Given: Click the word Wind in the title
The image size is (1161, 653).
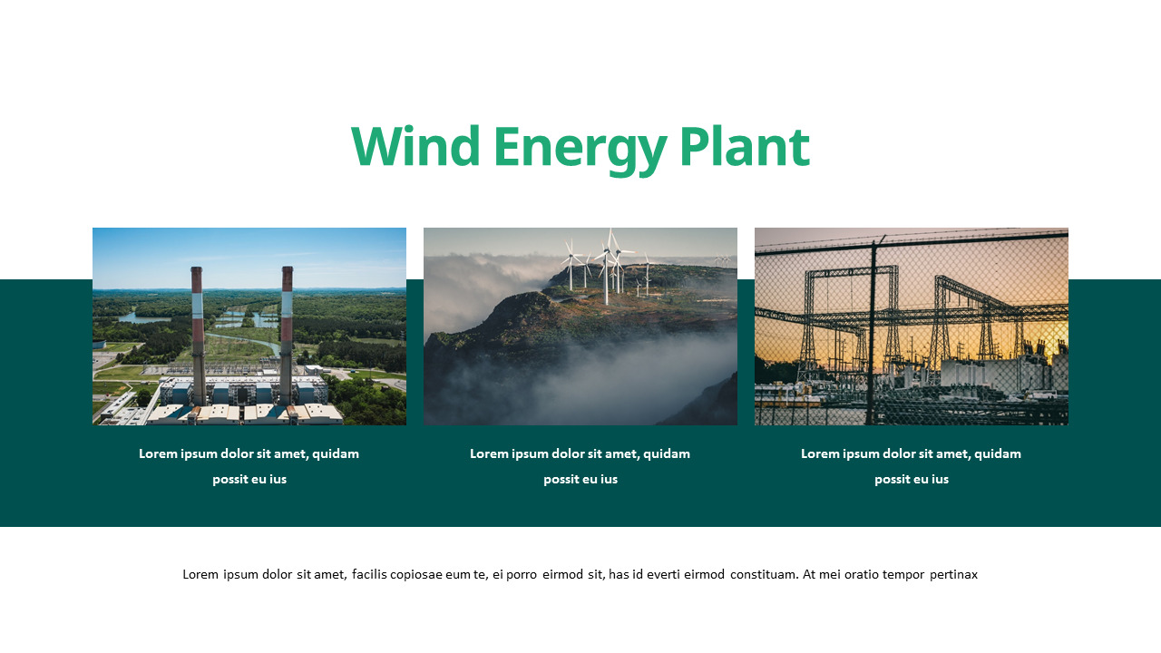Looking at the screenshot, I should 415,147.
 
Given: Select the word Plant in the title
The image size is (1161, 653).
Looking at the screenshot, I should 744,147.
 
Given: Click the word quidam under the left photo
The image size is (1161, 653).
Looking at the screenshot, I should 336,453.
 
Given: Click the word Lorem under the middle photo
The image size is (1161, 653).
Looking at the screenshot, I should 488,453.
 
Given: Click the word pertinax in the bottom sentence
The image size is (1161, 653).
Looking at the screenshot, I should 953,574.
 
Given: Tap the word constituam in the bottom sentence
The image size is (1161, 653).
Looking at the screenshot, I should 764,574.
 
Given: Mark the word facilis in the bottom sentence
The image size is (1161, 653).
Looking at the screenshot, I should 369,574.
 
